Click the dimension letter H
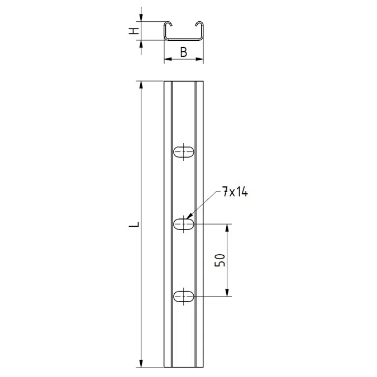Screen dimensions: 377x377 134,31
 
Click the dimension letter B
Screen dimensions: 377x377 183,52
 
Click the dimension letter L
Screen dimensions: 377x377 134,225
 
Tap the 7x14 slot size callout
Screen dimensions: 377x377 235,192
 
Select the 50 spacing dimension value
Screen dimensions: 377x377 220,260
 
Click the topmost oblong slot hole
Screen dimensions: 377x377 183,152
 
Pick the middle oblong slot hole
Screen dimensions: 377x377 183,224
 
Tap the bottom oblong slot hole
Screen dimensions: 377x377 183,296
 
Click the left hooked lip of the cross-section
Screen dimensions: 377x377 168,23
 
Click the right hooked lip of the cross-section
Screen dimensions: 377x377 200,23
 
